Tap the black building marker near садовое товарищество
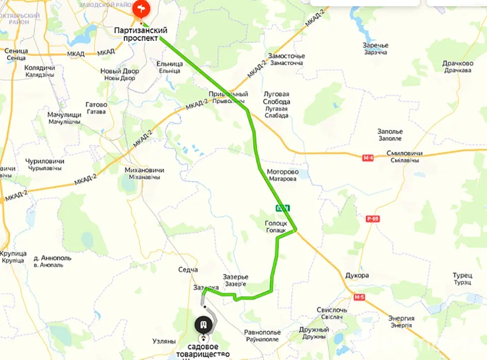tap(204, 325)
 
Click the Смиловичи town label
tap(404, 154)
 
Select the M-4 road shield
tap(368, 158)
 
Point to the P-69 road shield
tap(373, 219)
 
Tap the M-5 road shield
tap(359, 297)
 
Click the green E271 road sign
tap(283, 208)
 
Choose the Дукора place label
tap(357, 276)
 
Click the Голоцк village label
tap(275, 224)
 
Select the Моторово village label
tap(282, 172)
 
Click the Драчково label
tap(457, 64)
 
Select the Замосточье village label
tap(286, 56)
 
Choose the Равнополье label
tap(262, 333)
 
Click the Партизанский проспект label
tap(141, 34)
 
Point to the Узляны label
tap(164, 341)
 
